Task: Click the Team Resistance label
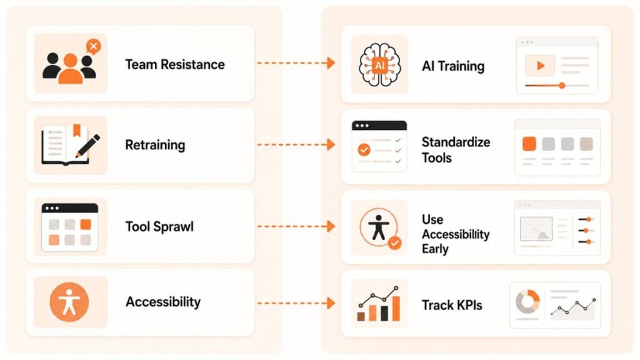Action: [x=175, y=64]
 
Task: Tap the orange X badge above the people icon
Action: [x=94, y=46]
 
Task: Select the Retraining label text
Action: [x=155, y=145]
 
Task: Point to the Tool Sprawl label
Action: [x=159, y=226]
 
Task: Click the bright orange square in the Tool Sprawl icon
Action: [x=86, y=224]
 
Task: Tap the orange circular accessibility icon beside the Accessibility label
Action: [x=69, y=302]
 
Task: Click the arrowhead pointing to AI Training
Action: [x=331, y=63]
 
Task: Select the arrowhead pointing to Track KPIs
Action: [x=331, y=303]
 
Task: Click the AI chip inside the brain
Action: [x=379, y=65]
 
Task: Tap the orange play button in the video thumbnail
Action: [x=541, y=65]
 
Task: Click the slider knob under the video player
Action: [x=562, y=85]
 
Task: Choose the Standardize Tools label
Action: [x=456, y=150]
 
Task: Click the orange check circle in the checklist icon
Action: [x=364, y=150]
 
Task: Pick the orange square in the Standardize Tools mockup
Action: [x=529, y=144]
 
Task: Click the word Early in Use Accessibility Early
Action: [x=435, y=249]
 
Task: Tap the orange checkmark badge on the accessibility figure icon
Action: [x=395, y=244]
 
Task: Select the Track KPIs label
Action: [x=452, y=305]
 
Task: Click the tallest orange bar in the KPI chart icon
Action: [x=396, y=308]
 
